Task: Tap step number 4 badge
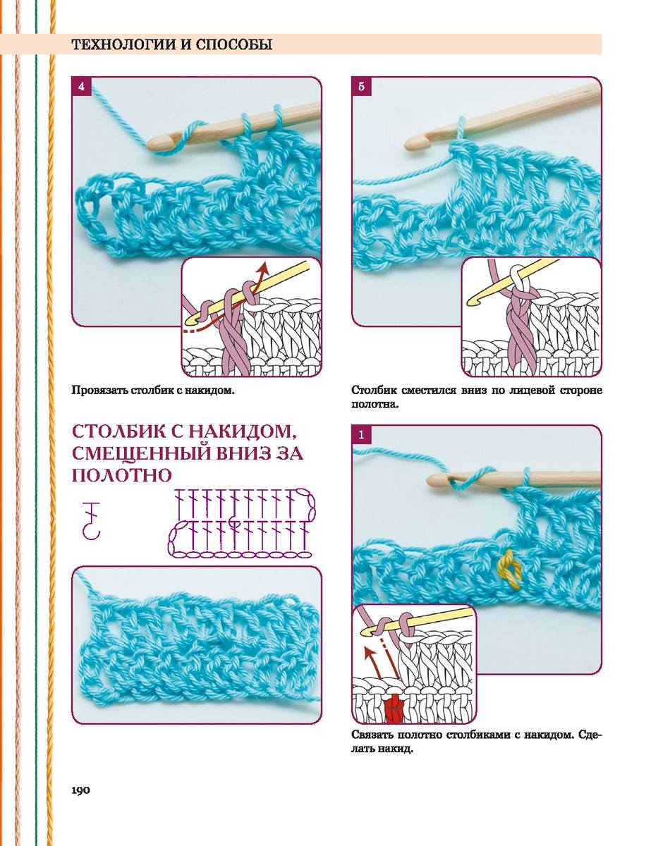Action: point(81,87)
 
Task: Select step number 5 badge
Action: point(361,87)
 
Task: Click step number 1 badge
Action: point(361,434)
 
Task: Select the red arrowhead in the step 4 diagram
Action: point(264,268)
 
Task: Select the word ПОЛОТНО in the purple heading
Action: point(122,475)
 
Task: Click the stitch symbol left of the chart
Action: point(92,520)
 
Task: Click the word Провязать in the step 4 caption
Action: point(99,390)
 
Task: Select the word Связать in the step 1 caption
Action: point(372,735)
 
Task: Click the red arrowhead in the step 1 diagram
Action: point(367,650)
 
